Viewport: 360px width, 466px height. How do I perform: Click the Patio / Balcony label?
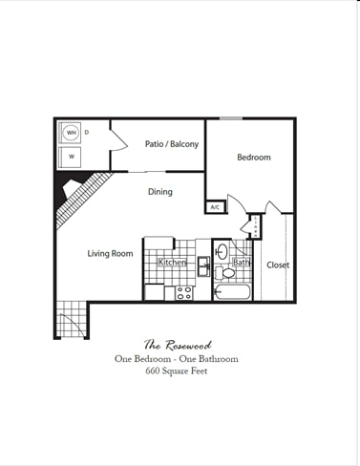(172, 144)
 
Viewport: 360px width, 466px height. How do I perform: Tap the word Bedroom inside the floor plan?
(253, 158)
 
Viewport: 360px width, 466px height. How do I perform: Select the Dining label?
(160, 192)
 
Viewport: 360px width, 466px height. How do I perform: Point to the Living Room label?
(110, 253)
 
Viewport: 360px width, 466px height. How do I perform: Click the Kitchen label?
(172, 263)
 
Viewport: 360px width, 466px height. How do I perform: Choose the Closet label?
(278, 265)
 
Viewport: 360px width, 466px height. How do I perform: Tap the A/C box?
(214, 207)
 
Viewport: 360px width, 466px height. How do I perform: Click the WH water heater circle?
(71, 133)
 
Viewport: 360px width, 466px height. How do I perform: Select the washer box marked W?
(71, 156)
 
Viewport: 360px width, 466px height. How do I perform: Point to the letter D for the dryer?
(86, 132)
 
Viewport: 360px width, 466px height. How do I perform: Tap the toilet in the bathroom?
(225, 272)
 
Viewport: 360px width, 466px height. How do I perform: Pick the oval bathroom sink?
(222, 252)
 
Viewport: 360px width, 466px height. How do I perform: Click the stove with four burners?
(184, 292)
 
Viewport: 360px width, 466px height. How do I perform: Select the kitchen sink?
(203, 265)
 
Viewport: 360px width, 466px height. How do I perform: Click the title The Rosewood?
(177, 344)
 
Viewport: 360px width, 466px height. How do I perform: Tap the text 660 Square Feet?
(177, 371)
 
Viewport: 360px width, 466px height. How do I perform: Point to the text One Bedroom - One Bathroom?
(177, 359)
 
